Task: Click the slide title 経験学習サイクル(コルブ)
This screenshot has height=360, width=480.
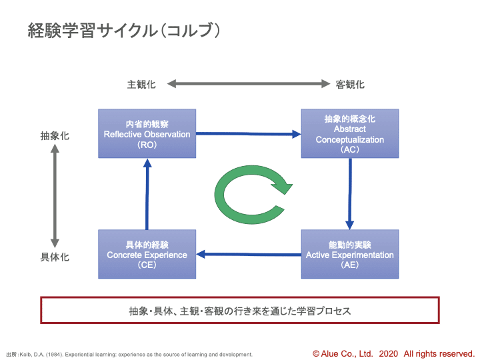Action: [x=124, y=31]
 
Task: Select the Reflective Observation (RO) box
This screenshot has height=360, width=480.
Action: [x=147, y=133]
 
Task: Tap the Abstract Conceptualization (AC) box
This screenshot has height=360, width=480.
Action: [x=350, y=133]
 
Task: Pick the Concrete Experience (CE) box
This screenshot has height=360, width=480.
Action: [x=147, y=254]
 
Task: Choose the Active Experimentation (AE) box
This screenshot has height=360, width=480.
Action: [x=350, y=254]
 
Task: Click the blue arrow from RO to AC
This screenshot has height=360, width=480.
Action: [x=249, y=134]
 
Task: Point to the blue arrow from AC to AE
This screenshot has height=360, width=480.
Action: [x=350, y=194]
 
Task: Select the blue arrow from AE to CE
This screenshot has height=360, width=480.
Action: [x=249, y=254]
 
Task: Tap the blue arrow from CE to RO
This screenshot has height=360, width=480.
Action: [x=147, y=194]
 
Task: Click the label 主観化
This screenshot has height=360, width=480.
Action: [x=141, y=84]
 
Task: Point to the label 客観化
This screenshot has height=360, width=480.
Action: [x=350, y=84]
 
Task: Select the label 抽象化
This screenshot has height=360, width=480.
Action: [x=55, y=135]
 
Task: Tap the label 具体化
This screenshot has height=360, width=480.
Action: [x=55, y=257]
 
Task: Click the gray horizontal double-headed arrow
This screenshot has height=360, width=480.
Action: [x=249, y=83]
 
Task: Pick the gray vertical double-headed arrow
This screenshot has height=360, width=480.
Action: [x=55, y=196]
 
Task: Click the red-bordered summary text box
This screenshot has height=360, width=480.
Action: [x=240, y=310]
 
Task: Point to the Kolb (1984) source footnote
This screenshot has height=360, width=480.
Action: [x=129, y=355]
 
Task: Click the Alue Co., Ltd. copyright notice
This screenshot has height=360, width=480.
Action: [x=393, y=354]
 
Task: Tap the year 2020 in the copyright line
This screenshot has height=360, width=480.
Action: [x=389, y=354]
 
